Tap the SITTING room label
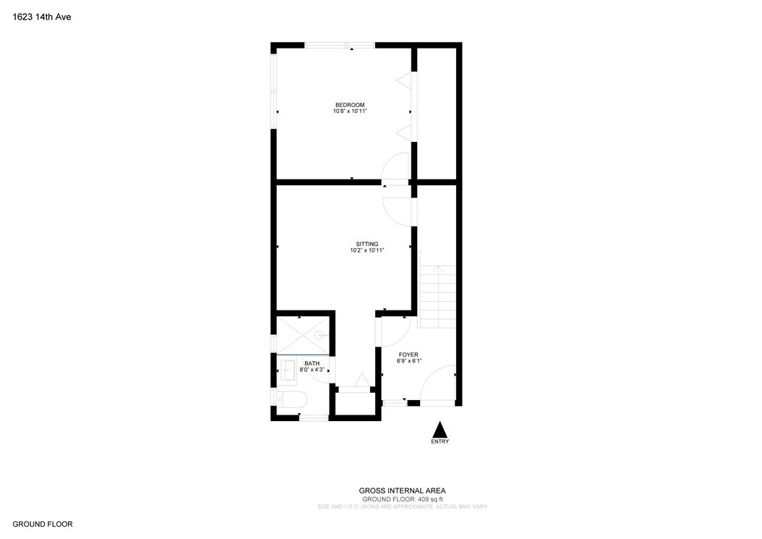(367, 244)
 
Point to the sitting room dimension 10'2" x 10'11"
(367, 250)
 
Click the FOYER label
(408, 355)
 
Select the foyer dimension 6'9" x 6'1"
(408, 361)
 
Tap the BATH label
(312, 363)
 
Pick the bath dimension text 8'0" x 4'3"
(312, 370)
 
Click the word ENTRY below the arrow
(440, 441)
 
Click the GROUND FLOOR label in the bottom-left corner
(43, 524)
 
